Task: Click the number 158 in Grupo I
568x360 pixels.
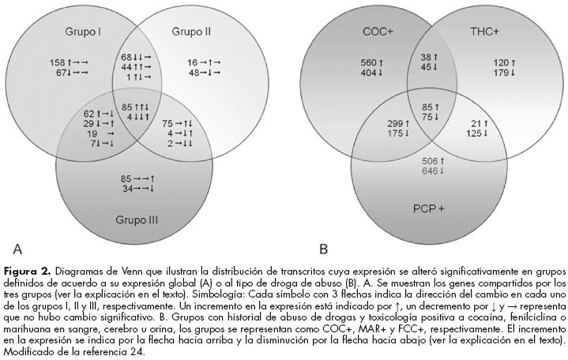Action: point(57,61)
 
